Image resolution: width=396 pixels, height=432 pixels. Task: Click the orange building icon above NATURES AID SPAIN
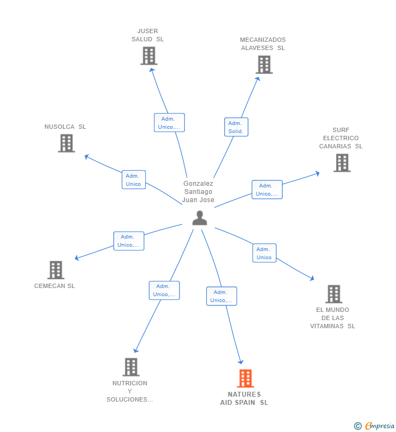point(245,378)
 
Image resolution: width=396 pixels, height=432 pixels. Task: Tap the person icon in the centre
point(200,218)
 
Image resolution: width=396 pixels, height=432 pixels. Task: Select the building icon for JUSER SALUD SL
point(149,56)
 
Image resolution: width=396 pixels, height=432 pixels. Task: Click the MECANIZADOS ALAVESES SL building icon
point(264,65)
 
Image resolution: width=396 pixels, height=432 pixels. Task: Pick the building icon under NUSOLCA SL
point(66,143)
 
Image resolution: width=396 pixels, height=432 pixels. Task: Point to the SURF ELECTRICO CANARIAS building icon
point(342,163)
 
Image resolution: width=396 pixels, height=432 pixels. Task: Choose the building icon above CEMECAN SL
point(55,270)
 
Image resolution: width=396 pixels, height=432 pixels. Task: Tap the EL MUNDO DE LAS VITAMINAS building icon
point(333,294)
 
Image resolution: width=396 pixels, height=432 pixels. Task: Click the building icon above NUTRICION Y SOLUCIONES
point(131,367)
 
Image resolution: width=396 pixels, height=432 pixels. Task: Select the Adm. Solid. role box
point(236,127)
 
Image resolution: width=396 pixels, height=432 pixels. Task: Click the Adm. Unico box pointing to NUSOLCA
point(134,180)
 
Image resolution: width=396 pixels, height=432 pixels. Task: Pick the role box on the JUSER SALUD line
point(169,123)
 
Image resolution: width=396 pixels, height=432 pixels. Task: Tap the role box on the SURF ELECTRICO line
point(267,190)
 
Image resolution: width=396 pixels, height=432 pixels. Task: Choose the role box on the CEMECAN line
point(129,241)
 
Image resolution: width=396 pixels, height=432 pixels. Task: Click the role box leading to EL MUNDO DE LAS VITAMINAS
point(264,253)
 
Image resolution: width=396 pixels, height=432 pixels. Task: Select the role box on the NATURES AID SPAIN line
point(221,296)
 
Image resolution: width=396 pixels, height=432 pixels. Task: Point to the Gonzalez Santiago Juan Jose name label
point(199,191)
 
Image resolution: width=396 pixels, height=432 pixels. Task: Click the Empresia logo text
point(380,425)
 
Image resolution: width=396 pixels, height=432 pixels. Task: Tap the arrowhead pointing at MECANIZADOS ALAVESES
point(258,79)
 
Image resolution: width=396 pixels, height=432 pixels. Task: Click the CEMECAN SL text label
point(54,286)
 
